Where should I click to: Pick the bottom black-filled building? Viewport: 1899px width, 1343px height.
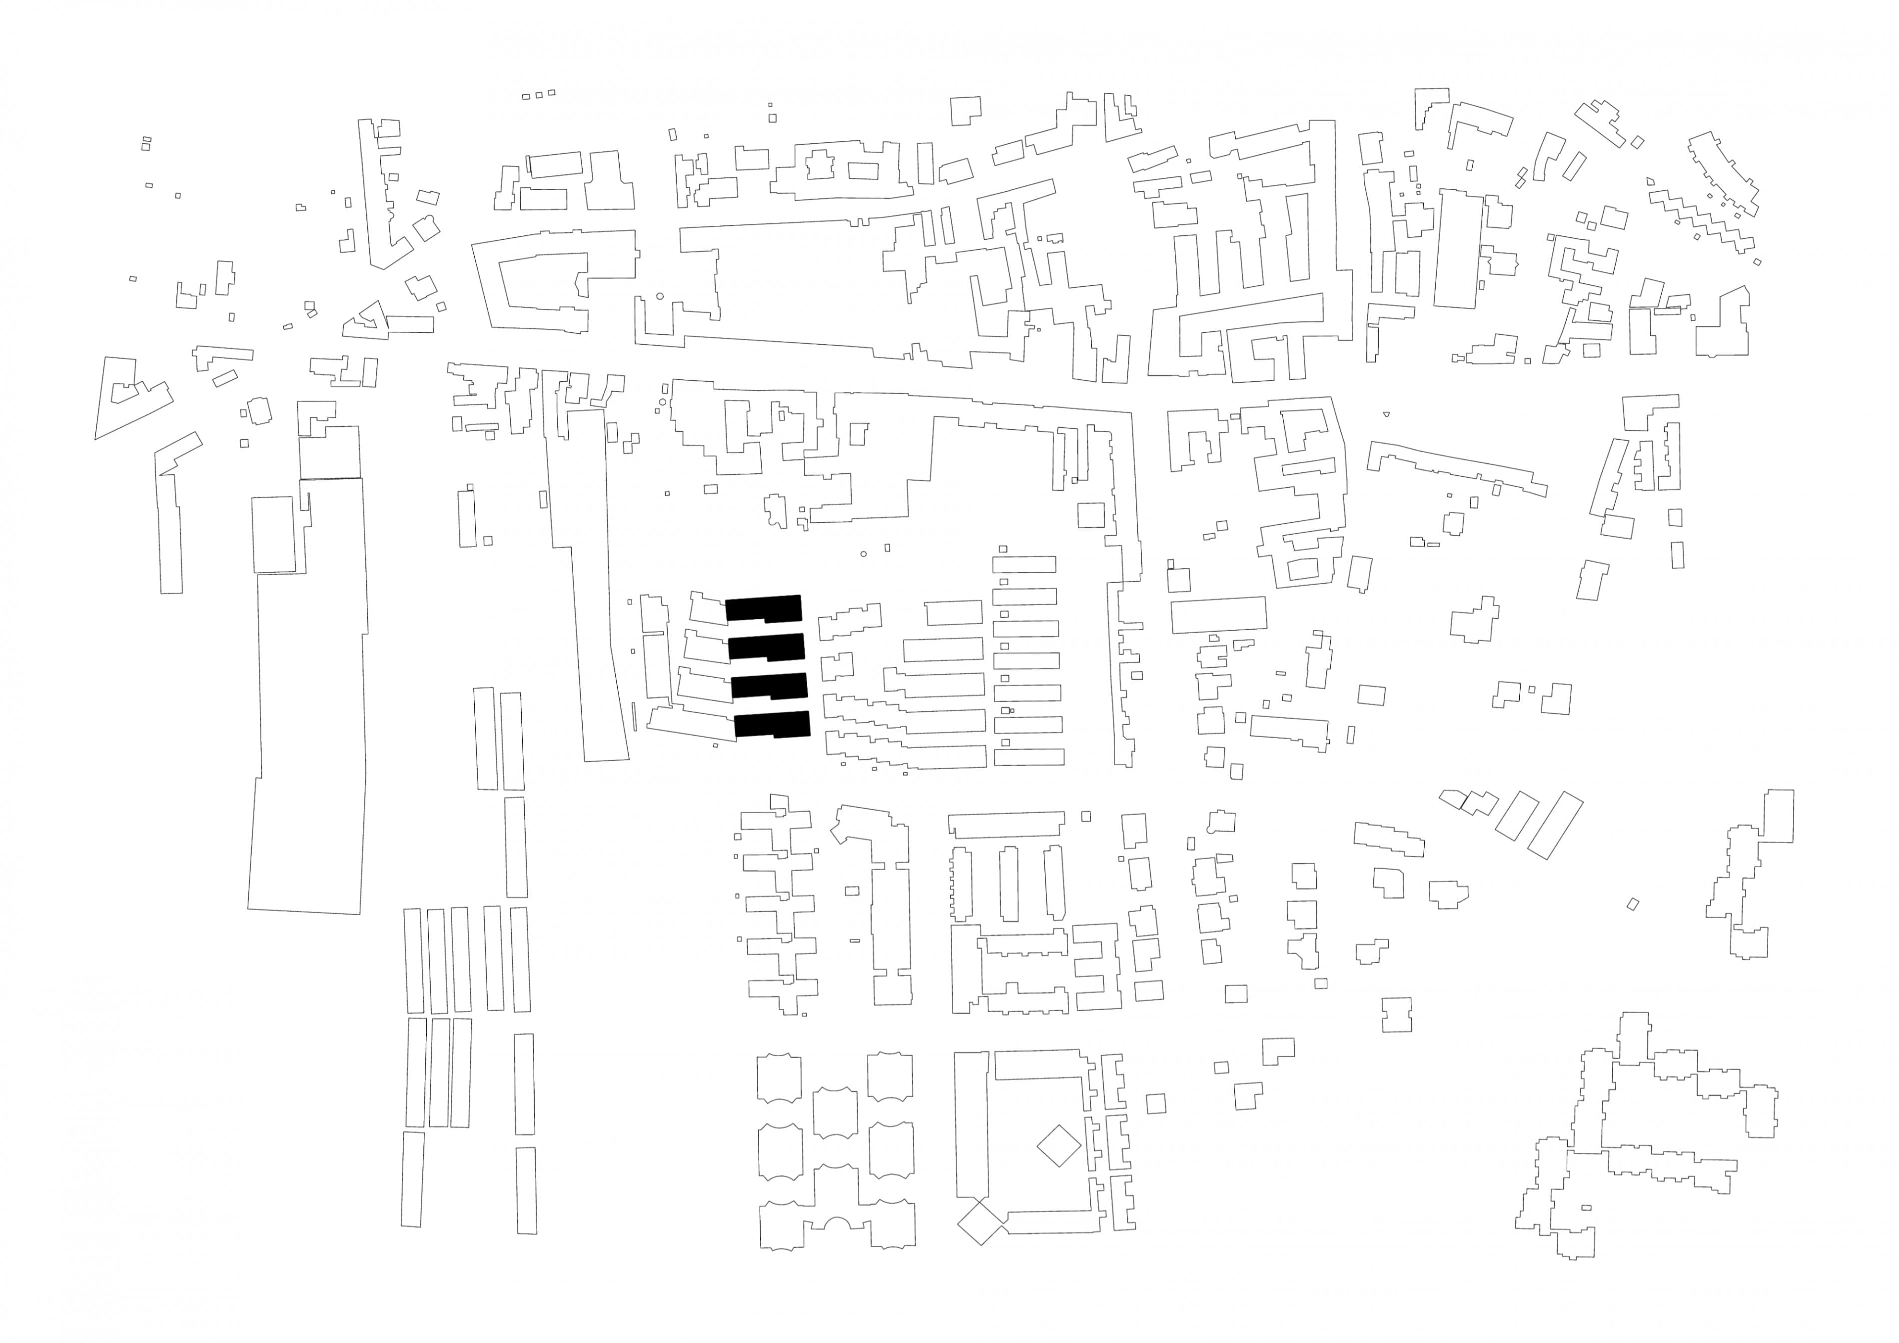point(773,724)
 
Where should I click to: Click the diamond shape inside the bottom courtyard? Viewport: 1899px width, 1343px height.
point(1058,1146)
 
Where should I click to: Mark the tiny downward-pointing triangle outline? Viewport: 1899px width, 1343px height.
point(1386,413)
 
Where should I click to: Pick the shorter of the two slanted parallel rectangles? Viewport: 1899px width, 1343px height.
point(1517,815)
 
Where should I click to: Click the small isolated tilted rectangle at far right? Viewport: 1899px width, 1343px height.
point(1633,904)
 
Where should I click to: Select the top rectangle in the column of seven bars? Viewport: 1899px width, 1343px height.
point(1024,564)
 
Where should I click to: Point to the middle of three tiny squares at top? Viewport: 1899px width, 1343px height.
point(538,95)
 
